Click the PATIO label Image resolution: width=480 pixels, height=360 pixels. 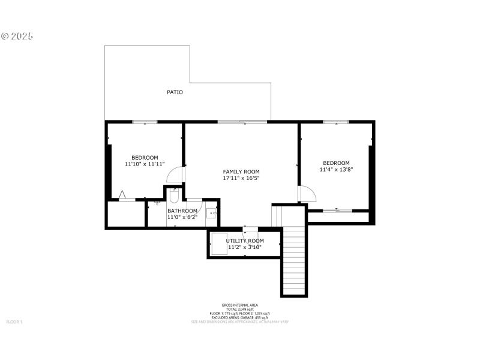click(x=175, y=92)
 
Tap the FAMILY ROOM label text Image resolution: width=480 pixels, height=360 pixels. click(x=241, y=172)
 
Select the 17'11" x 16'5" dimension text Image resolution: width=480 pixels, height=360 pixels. click(x=241, y=178)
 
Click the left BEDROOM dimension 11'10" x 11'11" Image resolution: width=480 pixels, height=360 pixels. click(x=145, y=164)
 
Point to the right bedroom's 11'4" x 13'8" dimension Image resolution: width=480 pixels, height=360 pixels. click(x=336, y=169)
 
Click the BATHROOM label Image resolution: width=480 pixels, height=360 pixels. click(x=182, y=211)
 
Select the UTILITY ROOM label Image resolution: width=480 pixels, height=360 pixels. click(x=244, y=241)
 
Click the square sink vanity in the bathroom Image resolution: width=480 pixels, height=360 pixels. click(x=212, y=212)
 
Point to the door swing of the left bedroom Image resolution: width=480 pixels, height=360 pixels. click(x=176, y=174)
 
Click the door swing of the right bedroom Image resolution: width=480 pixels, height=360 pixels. click(x=307, y=193)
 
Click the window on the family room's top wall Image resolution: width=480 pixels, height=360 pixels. click(x=242, y=122)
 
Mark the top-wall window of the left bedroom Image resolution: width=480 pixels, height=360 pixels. click(x=145, y=122)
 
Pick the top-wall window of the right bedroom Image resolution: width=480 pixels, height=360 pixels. click(x=336, y=122)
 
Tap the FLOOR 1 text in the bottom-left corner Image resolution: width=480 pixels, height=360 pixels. click(x=14, y=322)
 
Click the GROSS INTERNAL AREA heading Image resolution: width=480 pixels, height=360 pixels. click(x=239, y=305)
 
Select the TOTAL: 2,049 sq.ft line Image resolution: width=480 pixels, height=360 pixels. click(x=239, y=309)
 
